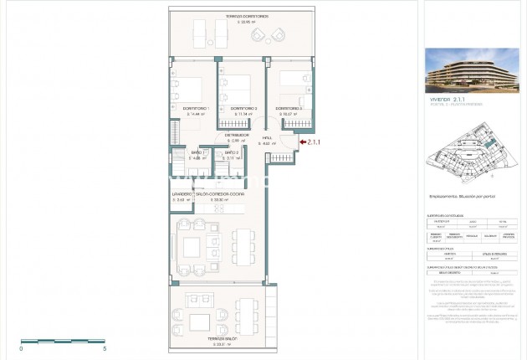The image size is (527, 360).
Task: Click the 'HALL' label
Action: click(267, 138)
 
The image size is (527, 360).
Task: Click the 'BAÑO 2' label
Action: click(233, 152)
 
